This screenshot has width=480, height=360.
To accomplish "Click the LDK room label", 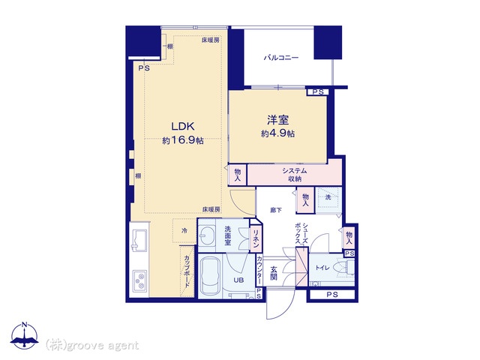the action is pos(183,127).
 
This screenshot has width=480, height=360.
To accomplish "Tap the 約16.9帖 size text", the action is pos(183,140).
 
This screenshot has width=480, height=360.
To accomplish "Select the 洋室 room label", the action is pos(278,120).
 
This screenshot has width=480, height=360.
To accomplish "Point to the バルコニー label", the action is pos(281,58).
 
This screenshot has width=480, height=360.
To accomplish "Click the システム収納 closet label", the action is pos(295,175).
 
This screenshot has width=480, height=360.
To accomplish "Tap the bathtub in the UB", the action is pos(210,277).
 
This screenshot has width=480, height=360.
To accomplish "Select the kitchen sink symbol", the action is pos(139,240).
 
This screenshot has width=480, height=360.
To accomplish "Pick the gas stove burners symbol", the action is pos(140,281).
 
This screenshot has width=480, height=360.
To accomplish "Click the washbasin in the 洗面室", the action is pos(206,235).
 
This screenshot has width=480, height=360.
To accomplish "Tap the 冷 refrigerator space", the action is pos(184,231).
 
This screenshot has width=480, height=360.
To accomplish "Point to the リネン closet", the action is pos(256,238).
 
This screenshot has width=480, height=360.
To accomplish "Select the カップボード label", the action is pos(187,271).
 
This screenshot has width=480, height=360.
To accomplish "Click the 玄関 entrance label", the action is pos(274,273).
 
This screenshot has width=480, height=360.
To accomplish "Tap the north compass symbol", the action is pos(25,335).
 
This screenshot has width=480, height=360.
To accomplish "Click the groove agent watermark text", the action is pos(92,346).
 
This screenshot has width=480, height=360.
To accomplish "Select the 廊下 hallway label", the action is pos(276,210).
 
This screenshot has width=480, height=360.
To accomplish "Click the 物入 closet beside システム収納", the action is pos(238,175).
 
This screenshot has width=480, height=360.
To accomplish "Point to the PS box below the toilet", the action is pos(332,295).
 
